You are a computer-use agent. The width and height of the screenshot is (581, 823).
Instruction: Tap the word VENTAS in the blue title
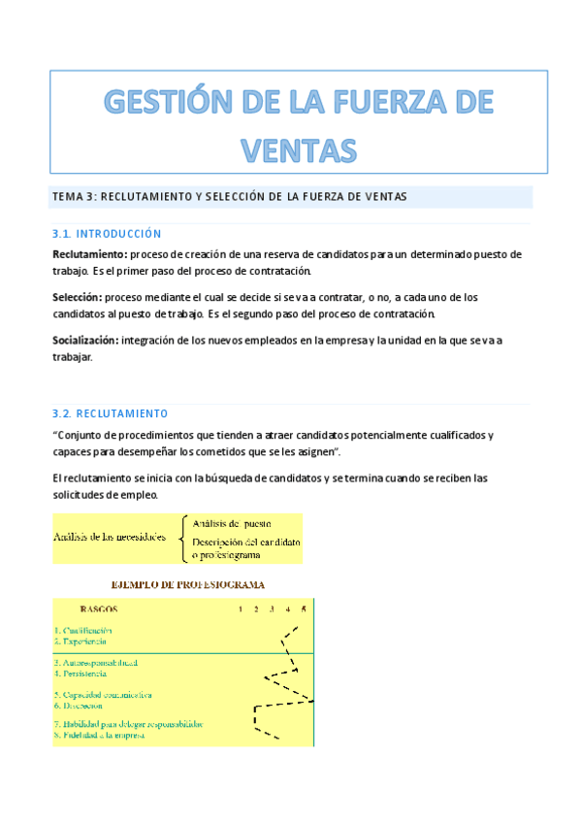(x=298, y=148)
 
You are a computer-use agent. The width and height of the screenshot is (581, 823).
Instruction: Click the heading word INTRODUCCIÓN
(x=118, y=234)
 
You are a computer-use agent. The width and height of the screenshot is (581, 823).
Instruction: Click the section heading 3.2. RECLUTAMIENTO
(x=110, y=412)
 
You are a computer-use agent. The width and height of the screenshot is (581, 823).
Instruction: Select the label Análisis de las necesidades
(x=109, y=538)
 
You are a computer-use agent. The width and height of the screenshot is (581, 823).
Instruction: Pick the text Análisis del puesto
(x=232, y=525)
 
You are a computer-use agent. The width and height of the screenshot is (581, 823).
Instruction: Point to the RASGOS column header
(x=99, y=609)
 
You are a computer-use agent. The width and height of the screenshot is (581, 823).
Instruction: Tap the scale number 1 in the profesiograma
(x=241, y=609)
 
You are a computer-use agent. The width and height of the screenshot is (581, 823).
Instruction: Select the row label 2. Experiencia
(x=81, y=642)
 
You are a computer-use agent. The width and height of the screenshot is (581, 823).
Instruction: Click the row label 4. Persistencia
(x=82, y=673)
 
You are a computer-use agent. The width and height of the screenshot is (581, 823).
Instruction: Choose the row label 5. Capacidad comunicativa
(x=103, y=695)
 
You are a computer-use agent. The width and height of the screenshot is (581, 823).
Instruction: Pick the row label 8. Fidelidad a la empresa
(x=100, y=736)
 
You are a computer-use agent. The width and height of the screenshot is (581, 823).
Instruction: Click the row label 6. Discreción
(x=79, y=706)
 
